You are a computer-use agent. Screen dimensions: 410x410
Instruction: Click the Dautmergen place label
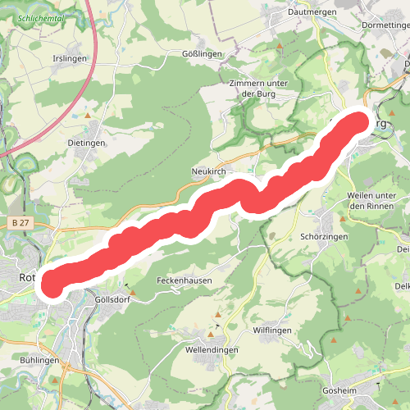[x=308, y=13]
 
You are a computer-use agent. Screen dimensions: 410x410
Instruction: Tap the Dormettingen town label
[x=383, y=25]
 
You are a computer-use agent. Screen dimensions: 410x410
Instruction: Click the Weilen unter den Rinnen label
[x=372, y=200]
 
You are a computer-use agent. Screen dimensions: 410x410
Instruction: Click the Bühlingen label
[x=38, y=361]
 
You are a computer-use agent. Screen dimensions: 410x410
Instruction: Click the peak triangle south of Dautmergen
[x=280, y=48]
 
